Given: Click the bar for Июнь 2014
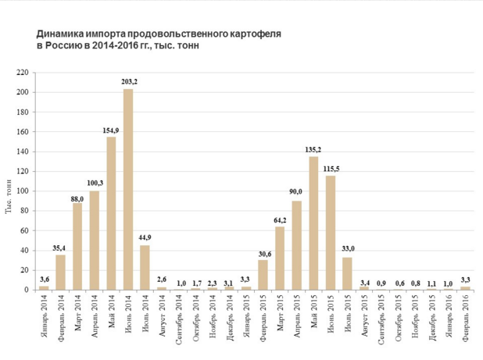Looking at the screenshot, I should click(128, 189).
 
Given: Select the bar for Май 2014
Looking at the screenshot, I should click(111, 213).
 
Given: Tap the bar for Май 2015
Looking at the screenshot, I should click(313, 223).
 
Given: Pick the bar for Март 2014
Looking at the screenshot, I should click(77, 246).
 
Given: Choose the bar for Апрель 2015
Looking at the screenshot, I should click(296, 245).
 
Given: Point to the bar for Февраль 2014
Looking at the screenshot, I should click(60, 272).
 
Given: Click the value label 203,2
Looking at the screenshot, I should click(129, 81).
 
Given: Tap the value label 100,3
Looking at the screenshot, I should click(95, 183).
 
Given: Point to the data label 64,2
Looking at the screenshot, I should click(280, 220).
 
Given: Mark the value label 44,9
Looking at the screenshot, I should click(145, 237).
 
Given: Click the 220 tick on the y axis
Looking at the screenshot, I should click(22, 73).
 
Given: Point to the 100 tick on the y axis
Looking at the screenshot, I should click(22, 191).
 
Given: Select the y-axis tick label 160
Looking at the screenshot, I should click(22, 132).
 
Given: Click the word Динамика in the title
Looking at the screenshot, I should click(61, 35).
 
